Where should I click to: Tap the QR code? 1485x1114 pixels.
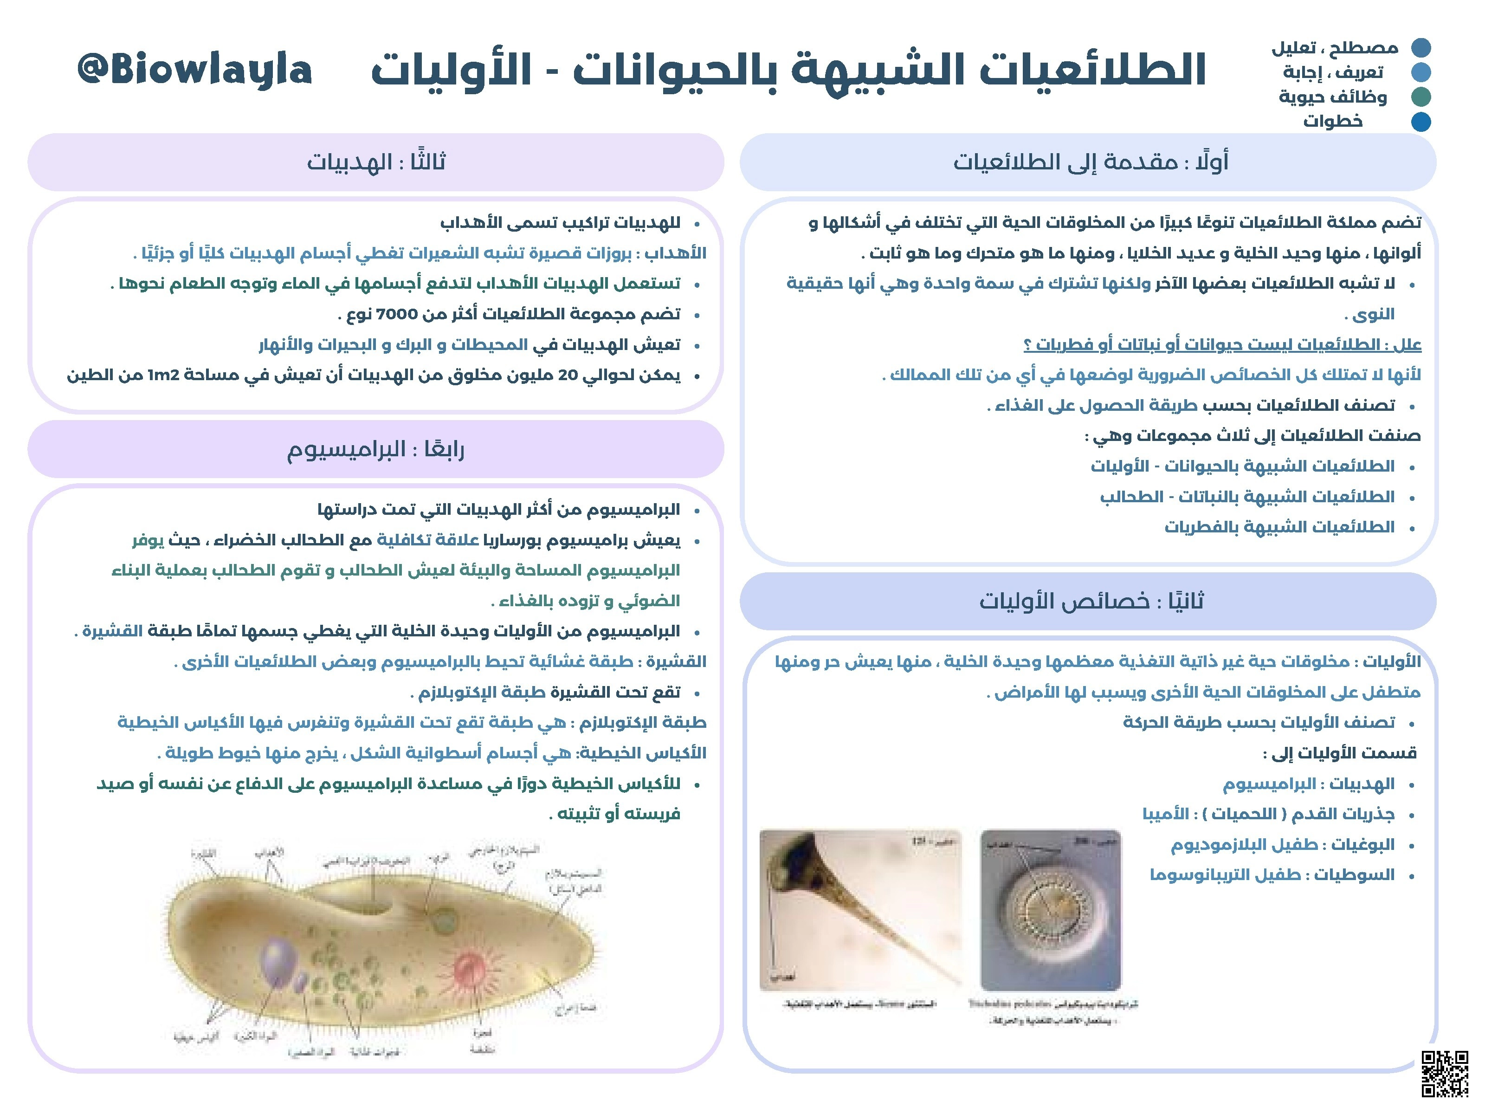tap(1444, 1073)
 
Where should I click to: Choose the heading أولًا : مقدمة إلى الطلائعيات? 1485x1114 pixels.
tap(1091, 162)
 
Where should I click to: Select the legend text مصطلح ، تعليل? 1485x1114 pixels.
tap(1335, 48)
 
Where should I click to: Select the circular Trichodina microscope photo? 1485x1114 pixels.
tap(1051, 910)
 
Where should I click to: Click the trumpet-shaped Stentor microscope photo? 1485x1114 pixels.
tap(860, 910)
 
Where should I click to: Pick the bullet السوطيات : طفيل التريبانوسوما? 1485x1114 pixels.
tap(1272, 875)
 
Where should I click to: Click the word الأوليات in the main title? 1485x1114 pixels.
tap(451, 71)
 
